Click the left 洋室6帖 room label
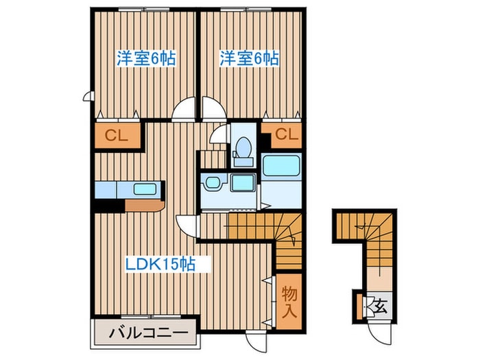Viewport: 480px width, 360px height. tap(145, 59)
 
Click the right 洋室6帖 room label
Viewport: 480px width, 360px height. tap(249, 59)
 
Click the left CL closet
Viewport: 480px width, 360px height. tap(117, 136)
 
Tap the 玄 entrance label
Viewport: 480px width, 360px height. tap(379, 306)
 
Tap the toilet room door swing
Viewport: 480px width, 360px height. tap(219, 134)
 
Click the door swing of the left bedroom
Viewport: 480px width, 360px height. tap(184, 110)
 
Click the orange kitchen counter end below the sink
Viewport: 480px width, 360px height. tap(145, 204)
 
